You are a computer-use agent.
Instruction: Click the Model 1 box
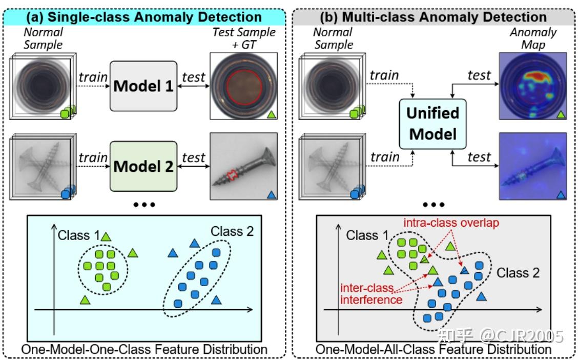pyautogui.click(x=143, y=86)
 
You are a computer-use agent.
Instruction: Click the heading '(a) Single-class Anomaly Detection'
pyautogui.click(x=144, y=17)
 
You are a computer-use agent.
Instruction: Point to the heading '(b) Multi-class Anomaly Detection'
pyautogui.click(x=433, y=17)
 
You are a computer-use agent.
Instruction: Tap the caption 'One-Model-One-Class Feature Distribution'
pyautogui.click(x=144, y=349)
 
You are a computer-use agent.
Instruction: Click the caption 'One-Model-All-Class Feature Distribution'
pyautogui.click(x=434, y=349)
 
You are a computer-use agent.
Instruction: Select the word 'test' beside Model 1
pyautogui.click(x=193, y=77)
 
